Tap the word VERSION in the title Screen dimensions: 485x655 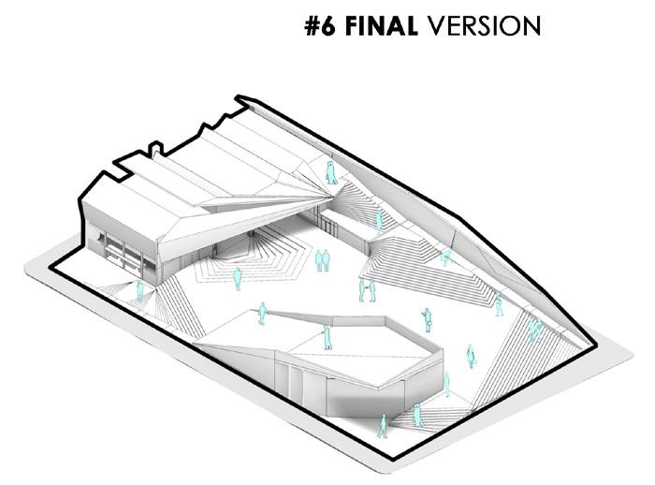click(x=483, y=25)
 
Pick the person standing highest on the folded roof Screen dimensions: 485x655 click(x=330, y=172)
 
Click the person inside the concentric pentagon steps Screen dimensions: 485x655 click(x=238, y=278)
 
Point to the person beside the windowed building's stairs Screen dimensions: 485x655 click(x=140, y=290)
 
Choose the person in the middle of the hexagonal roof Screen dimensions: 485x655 click(x=327, y=337)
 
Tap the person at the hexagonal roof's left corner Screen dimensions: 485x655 click(x=263, y=313)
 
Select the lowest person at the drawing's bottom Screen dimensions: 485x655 click(x=382, y=426)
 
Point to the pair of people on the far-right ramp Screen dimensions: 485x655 click(x=534, y=328)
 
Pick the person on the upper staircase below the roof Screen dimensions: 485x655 click(x=379, y=221)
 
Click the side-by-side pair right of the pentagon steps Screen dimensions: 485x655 click(x=322, y=259)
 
